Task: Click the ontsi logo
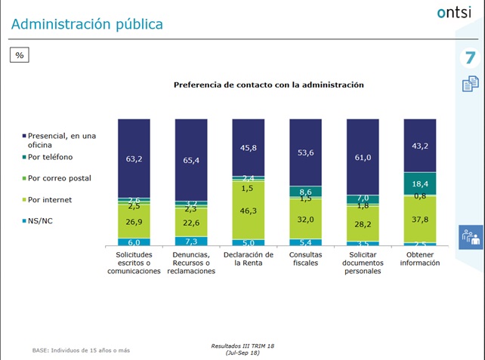point(453,13)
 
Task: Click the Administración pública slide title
point(87,24)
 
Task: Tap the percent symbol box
point(20,55)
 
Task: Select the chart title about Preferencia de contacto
point(269,85)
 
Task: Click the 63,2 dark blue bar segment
point(133,159)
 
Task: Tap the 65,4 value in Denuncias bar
point(191,161)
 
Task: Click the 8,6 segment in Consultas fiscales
point(306,192)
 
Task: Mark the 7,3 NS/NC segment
point(191,241)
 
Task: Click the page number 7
point(469,57)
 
